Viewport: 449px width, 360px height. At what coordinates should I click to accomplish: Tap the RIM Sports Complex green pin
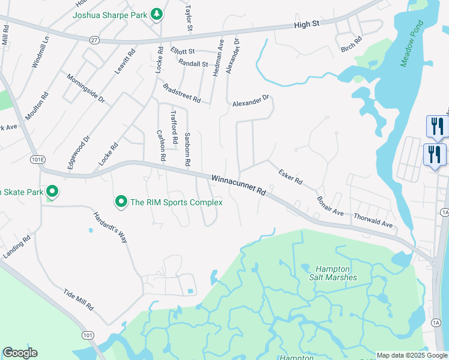[121, 202]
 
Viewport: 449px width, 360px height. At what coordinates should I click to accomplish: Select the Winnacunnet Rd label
[238, 185]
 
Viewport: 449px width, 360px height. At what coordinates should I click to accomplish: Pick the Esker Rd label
[291, 176]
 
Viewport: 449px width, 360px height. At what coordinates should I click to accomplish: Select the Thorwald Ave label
[373, 220]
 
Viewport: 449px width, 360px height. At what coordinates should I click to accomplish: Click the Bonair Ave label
[330, 205]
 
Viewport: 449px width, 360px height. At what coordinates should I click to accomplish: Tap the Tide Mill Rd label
[79, 299]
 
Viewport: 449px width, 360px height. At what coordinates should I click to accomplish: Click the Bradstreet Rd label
[181, 92]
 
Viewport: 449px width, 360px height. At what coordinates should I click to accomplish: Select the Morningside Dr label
[86, 89]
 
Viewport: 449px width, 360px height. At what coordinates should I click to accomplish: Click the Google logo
[20, 353]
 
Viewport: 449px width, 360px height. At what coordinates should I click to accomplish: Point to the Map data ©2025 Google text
[412, 355]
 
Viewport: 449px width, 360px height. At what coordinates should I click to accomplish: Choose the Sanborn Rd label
[187, 149]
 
